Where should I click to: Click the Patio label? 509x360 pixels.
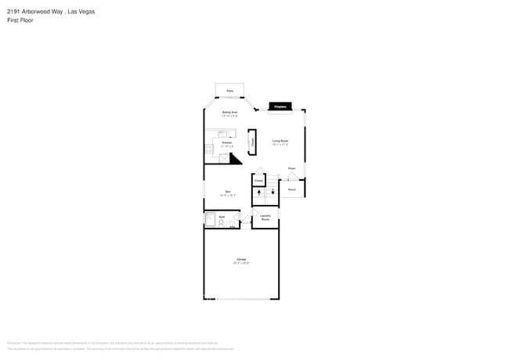[230, 92]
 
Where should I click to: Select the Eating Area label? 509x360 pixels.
[229, 113]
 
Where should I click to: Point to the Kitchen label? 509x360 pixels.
[227, 142]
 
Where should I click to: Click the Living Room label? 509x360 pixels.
[280, 141]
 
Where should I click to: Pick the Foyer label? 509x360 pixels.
[291, 168]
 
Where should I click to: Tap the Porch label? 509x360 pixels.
[291, 189]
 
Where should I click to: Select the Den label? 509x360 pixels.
[228, 191]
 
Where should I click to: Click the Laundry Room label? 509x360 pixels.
[265, 218]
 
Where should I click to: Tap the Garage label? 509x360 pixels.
[241, 259]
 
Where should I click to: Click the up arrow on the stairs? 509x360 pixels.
[259, 193]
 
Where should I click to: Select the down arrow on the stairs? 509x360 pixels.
[273, 193]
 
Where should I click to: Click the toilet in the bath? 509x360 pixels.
[222, 224]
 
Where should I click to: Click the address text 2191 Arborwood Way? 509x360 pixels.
[28, 12]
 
